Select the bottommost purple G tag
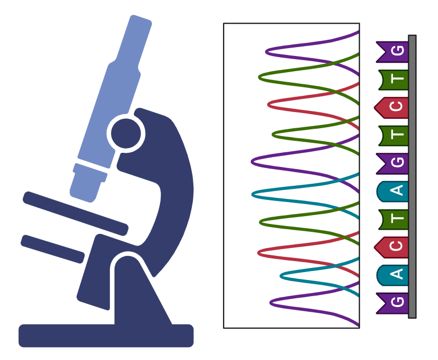click(x=393, y=303)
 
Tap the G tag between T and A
click(x=393, y=163)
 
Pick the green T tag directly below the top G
click(x=394, y=80)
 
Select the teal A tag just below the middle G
click(x=393, y=192)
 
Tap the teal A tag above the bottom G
click(x=393, y=275)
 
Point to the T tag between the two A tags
click(x=394, y=219)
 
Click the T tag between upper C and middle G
click(x=394, y=136)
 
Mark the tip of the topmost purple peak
click(x=267, y=51)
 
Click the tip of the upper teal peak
click(x=252, y=194)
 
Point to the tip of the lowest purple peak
click(x=271, y=302)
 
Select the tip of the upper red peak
click(x=269, y=104)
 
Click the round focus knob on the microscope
click(x=126, y=133)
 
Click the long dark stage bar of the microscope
click(x=75, y=213)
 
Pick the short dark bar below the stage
click(x=52, y=249)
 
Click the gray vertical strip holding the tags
click(x=412, y=176)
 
